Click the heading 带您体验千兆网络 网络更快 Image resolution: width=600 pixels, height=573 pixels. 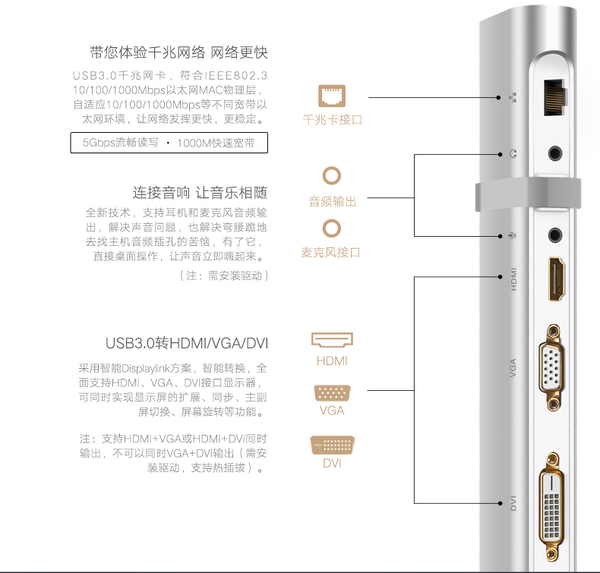click(x=178, y=52)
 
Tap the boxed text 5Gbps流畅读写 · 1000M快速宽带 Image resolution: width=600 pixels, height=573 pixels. click(x=169, y=143)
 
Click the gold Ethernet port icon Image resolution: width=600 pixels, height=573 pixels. click(x=332, y=96)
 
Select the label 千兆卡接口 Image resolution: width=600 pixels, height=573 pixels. click(x=332, y=119)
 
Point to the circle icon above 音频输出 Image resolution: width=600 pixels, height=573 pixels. click(x=332, y=176)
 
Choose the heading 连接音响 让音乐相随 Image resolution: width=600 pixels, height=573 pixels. click(x=200, y=192)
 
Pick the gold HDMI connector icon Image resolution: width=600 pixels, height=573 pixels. click(x=332, y=340)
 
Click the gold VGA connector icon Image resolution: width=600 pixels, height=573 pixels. click(x=332, y=393)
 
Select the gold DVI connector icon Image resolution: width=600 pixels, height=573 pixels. click(x=332, y=445)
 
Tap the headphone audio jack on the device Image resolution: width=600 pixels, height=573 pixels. click(x=558, y=153)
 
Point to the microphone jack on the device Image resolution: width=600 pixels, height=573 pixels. click(x=558, y=235)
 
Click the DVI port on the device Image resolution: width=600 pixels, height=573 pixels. click(x=554, y=502)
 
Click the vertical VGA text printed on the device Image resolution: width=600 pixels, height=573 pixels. click(x=513, y=370)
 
